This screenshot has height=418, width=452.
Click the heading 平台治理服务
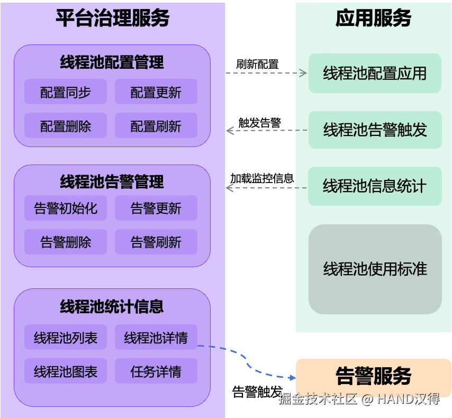[x=112, y=19]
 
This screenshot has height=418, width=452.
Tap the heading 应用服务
[x=373, y=19]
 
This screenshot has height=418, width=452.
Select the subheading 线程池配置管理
[x=112, y=62]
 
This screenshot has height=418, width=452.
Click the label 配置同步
[x=66, y=93]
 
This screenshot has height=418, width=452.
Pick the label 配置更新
[x=156, y=93]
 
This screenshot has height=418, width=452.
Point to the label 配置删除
[x=66, y=126]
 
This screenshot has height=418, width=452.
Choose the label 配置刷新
[x=156, y=126]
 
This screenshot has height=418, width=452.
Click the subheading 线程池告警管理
[x=112, y=182]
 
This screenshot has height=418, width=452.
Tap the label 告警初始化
[x=66, y=208]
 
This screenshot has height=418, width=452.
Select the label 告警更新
[x=156, y=208]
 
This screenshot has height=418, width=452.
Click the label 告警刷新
[x=156, y=242]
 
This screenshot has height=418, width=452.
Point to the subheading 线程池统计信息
[x=112, y=306]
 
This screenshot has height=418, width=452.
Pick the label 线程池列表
[x=66, y=338]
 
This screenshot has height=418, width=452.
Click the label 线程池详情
[x=156, y=338]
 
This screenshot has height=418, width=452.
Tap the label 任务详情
[x=156, y=372]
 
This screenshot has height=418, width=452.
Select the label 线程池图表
[x=66, y=372]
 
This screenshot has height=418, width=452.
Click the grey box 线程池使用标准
[x=375, y=269]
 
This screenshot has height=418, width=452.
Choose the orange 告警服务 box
[x=373, y=376]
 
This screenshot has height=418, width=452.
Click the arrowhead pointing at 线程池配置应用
[x=303, y=74]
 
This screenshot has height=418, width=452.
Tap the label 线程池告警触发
[x=375, y=130]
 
